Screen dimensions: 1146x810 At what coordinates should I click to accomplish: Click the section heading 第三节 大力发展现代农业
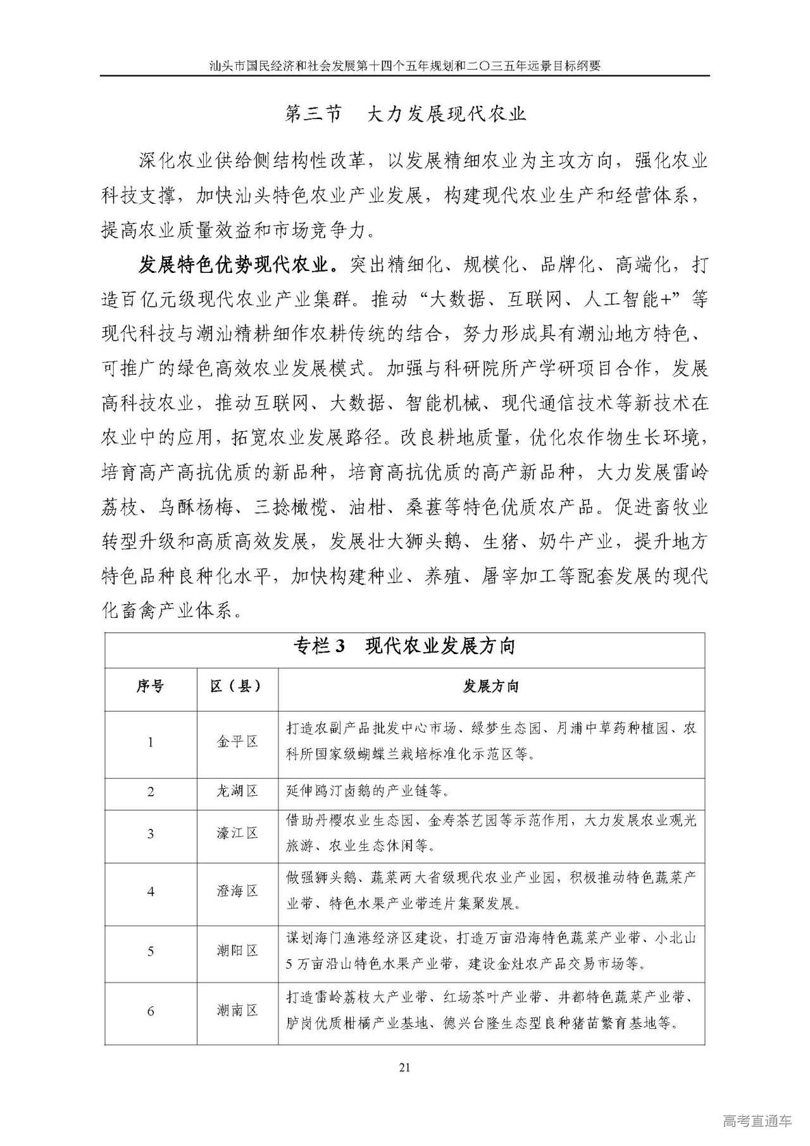(405, 114)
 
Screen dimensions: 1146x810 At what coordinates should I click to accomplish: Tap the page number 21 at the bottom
(405, 1067)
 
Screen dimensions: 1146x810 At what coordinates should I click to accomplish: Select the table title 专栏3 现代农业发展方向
(404, 646)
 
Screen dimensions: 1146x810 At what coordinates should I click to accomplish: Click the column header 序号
(150, 686)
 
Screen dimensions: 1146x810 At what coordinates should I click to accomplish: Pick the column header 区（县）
(237, 686)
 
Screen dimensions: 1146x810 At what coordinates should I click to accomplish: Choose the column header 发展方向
(490, 686)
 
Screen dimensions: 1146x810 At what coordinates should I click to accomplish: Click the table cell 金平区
(237, 741)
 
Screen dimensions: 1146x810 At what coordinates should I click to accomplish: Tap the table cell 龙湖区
(237, 791)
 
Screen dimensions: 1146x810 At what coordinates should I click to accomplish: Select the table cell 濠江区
(237, 833)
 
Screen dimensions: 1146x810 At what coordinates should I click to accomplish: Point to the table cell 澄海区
(237, 891)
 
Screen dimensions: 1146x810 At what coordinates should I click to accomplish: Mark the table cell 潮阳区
(237, 950)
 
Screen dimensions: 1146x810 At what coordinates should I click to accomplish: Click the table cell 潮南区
(237, 1011)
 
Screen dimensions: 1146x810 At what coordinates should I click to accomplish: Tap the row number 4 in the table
(151, 891)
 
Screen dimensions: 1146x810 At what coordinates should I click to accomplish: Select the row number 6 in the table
(151, 1011)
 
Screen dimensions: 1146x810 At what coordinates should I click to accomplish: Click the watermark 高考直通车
(757, 1121)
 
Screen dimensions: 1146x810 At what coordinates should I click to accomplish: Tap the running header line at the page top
(405, 65)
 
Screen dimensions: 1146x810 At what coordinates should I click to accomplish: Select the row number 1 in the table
(151, 742)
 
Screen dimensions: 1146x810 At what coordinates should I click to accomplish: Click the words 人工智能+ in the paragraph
(626, 299)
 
